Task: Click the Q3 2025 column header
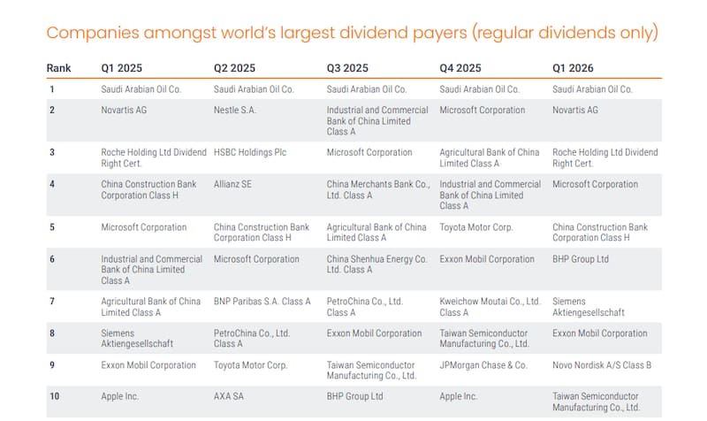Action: coord(347,68)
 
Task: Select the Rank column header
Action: coord(58,68)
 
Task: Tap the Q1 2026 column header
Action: coord(573,68)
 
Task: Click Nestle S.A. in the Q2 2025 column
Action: coord(234,110)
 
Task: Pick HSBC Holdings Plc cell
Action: coord(250,152)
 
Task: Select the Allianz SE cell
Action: coord(232,184)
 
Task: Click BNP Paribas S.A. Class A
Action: coord(262,302)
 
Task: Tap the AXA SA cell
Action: coord(229,396)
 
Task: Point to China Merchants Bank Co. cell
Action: coord(378,189)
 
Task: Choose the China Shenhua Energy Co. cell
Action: coord(377,264)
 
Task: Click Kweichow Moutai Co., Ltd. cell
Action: coord(490,307)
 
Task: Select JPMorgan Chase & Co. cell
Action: coord(483,365)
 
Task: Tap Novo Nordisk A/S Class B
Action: coord(602,365)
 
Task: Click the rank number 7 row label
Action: coord(52,302)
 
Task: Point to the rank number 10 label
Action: coord(55,396)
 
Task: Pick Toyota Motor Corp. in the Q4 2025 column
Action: coord(476,227)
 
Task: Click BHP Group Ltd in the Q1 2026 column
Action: coord(581,259)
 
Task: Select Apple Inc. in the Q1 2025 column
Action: coord(119,396)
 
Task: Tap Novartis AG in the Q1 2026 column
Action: coord(575,110)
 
